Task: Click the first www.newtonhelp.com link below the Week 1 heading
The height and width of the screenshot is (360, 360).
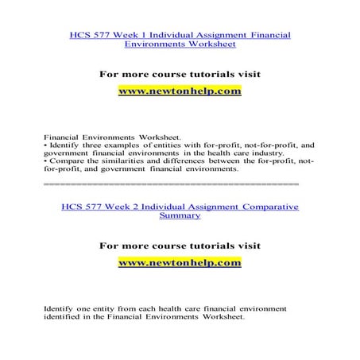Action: [180, 91]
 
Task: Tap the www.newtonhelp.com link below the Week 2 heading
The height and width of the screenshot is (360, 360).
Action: [180, 261]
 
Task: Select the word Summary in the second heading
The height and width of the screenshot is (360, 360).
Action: [180, 215]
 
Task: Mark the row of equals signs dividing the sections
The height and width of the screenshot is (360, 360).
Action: [171, 184]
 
